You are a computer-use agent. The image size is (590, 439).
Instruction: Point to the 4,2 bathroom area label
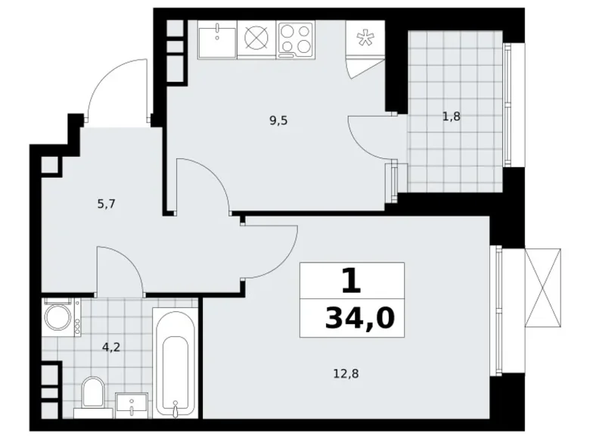pyautogui.click(x=110, y=349)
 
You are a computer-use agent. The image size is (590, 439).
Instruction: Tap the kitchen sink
pyautogui.click(x=217, y=39)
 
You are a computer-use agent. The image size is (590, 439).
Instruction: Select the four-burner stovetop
pyautogui.click(x=296, y=39)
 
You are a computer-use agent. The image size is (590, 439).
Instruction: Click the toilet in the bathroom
pyautogui.click(x=93, y=393)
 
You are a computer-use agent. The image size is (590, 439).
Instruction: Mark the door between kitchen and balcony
pyautogui.click(x=371, y=137)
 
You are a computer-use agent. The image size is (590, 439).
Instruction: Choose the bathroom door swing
pyautogui.click(x=120, y=269)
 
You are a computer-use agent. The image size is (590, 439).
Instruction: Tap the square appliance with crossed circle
pyautogui.click(x=256, y=39)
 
